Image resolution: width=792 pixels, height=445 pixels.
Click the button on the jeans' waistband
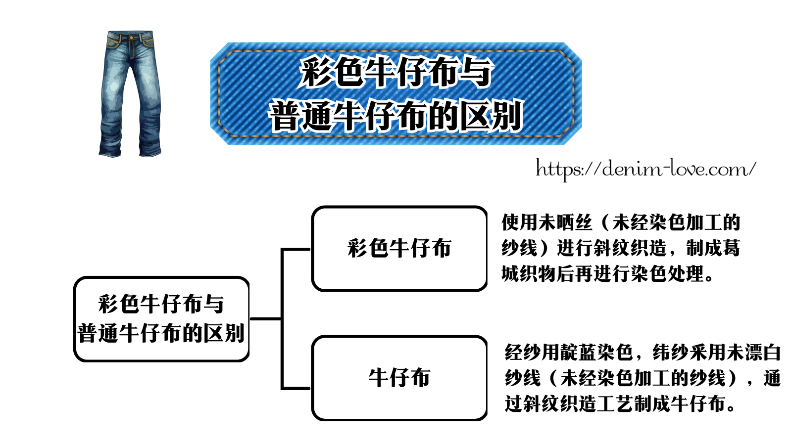coord(131,37)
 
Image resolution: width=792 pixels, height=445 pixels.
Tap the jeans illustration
coord(130,94)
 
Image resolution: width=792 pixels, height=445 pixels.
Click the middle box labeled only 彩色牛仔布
coord(399,248)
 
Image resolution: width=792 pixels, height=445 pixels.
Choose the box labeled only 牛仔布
coord(399,378)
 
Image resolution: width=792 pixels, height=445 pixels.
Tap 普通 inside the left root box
coord(98,333)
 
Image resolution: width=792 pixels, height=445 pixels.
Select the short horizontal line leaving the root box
coord(266,318)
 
